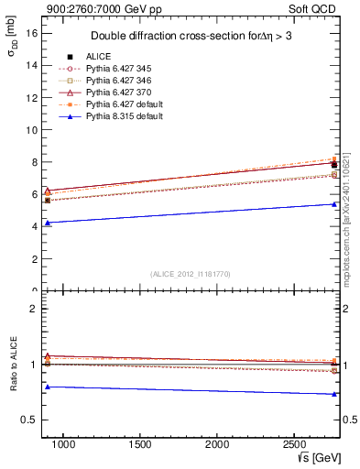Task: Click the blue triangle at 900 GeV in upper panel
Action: pyautogui.click(x=48, y=223)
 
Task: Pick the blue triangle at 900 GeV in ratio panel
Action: pyautogui.click(x=48, y=387)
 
